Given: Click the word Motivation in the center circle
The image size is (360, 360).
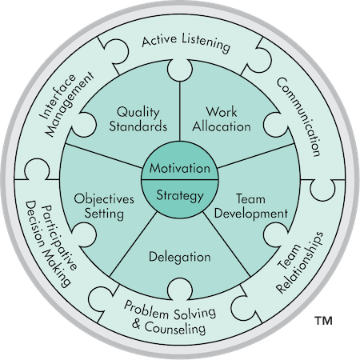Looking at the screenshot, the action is pos(180,168).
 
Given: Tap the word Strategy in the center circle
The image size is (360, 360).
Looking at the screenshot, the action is pos(180,195).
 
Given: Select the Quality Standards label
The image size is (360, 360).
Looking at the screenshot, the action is pos(138,119).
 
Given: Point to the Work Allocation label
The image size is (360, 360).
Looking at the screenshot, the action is pos(222,119).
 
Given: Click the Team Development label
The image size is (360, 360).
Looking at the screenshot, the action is pos(251,206).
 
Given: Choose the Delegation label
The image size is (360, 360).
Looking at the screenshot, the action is pos(180,258).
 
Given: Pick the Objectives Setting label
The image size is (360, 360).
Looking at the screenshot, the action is pos(104,206).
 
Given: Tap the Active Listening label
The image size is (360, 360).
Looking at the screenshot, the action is pos(186,42).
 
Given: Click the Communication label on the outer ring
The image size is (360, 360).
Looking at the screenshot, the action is pos(298,117).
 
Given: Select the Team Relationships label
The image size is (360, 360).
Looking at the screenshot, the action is pos(300,263).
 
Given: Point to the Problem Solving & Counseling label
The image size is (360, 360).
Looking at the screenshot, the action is pos(170,318).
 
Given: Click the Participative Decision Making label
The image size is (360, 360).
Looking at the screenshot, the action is pos(51,243).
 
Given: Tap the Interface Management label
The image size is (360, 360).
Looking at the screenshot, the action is pos(66,104).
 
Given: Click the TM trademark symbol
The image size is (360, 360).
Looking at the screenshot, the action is pos(323,321).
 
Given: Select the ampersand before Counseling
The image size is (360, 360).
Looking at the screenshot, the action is pos(136,324).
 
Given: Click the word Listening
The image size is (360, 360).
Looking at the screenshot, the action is pos(206,43).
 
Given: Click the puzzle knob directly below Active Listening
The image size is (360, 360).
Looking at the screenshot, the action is pos(180,70).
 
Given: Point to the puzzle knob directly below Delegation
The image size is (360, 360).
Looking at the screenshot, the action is pos(180,290).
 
